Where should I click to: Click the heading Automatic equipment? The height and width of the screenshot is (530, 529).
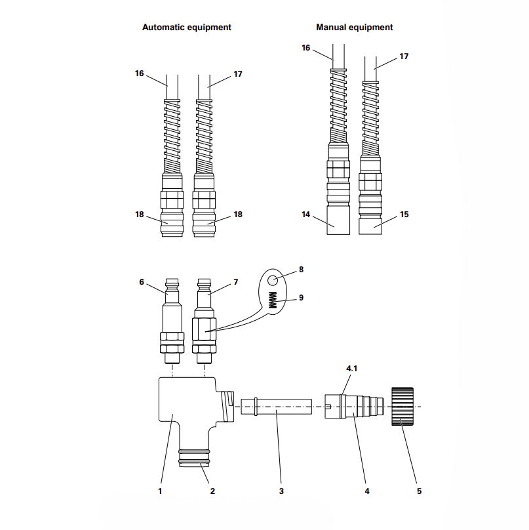pos(187,28)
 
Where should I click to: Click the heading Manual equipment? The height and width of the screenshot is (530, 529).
pos(354,28)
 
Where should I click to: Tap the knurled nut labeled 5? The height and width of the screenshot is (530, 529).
pos(402,407)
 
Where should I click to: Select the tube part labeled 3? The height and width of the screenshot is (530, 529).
pos(275,407)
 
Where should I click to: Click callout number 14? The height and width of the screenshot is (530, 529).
pos(305,214)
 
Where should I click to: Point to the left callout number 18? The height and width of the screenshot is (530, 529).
pos(140,214)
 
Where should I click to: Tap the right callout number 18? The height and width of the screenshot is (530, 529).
pos(238,214)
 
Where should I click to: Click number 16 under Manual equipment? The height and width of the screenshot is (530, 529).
pos(305,47)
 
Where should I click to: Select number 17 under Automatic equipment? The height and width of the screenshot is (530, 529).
pos(238,74)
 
